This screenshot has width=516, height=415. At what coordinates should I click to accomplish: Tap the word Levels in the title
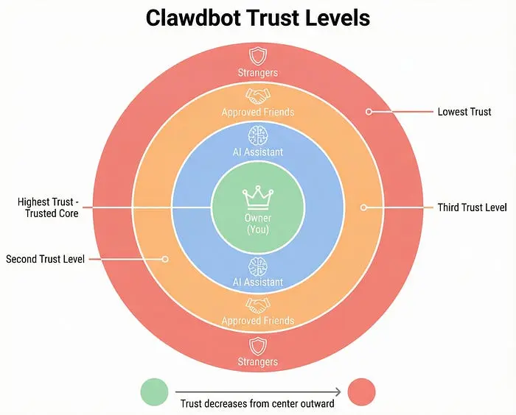click(x=339, y=18)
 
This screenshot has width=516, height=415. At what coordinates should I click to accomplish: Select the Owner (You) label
click(x=258, y=223)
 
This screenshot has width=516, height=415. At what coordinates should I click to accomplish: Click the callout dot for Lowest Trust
click(x=369, y=112)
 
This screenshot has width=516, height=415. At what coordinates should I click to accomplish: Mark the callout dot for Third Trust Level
click(x=363, y=207)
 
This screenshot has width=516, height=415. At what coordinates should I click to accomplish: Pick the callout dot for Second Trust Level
click(x=165, y=259)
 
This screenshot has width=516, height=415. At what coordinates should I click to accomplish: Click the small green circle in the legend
click(x=154, y=391)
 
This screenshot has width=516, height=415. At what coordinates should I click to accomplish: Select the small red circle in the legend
click(x=362, y=391)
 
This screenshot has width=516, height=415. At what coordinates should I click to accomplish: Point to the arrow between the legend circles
click(x=258, y=391)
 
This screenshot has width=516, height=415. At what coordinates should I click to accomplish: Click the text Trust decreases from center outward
click(x=258, y=404)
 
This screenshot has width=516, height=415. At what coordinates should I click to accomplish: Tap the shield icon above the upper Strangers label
click(x=258, y=57)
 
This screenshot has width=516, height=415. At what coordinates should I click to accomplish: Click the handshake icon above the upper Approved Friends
click(x=258, y=96)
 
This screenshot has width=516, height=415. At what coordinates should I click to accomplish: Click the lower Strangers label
click(x=258, y=361)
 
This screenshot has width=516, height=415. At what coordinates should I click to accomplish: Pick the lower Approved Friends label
click(x=258, y=321)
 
